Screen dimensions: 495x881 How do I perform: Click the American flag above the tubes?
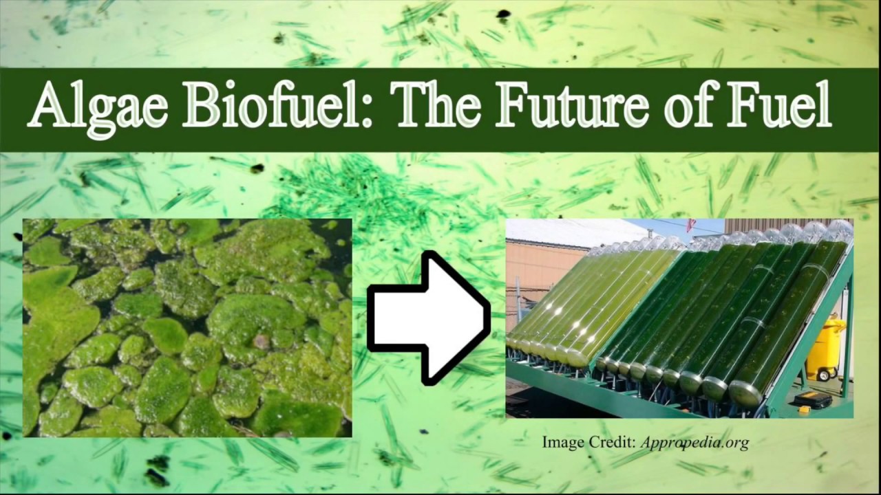click(690, 225)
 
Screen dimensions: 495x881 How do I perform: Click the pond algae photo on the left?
click(187, 328)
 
